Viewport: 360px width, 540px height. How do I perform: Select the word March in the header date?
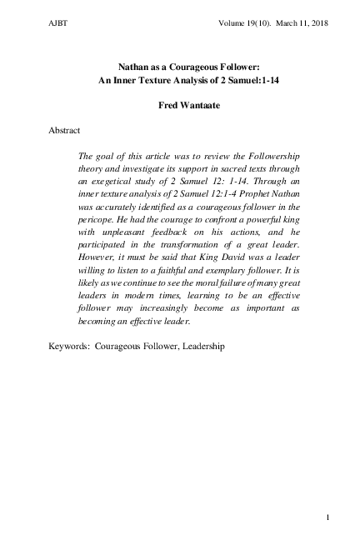click(x=273, y=23)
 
